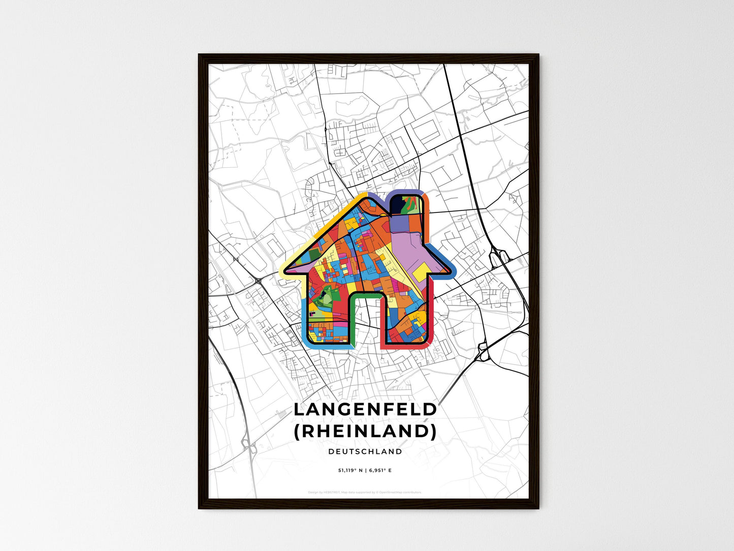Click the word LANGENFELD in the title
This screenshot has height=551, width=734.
(x=365, y=409)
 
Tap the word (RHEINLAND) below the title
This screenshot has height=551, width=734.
(x=365, y=431)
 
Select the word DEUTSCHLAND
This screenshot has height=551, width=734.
(x=365, y=451)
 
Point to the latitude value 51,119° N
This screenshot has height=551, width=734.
(x=351, y=471)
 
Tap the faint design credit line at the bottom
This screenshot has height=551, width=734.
(x=365, y=492)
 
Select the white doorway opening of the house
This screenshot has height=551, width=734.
(x=367, y=320)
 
